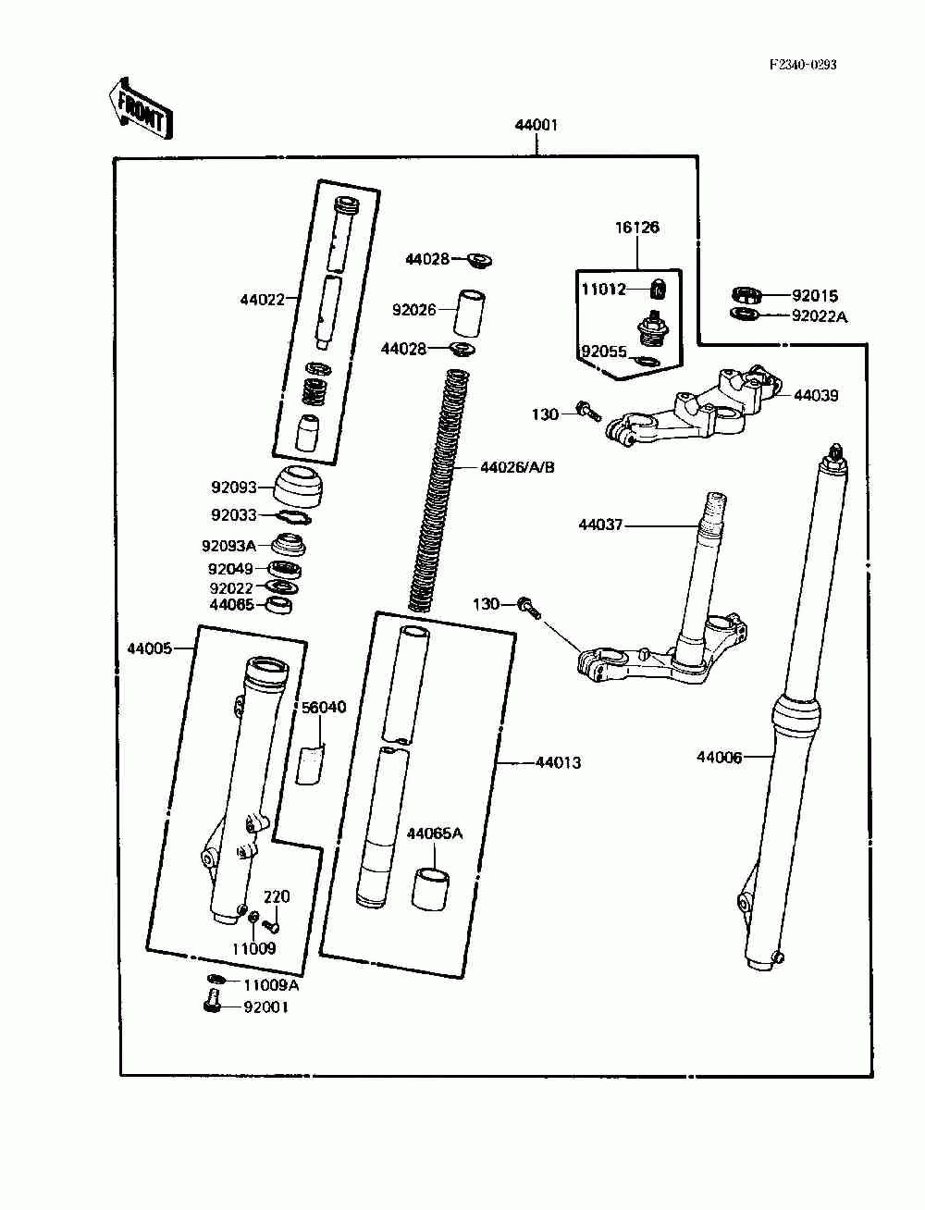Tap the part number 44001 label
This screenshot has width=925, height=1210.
536,125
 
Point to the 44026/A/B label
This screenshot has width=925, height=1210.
517,467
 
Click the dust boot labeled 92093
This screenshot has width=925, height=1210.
301,487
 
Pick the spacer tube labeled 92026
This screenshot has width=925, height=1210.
470,312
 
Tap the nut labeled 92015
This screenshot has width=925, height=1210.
746,295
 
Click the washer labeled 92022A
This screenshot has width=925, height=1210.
745,315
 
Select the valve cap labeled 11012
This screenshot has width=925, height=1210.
659,289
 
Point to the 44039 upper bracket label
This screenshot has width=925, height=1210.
816,395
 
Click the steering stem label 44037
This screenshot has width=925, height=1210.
600,525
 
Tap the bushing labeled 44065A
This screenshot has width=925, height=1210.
430,890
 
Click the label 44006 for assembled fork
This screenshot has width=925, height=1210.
719,757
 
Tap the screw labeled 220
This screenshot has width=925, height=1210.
271,927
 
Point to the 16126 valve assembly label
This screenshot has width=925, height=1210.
636,228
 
